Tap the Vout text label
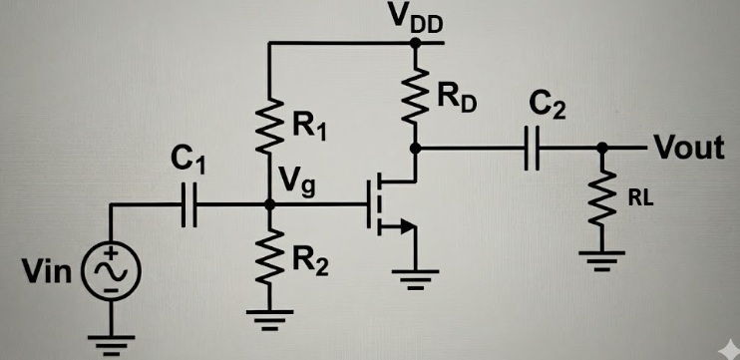pyautogui.click(x=687, y=149)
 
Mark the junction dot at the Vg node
pyautogui.click(x=269, y=204)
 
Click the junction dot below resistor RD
pyautogui.click(x=414, y=149)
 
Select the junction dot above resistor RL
pyautogui.click(x=601, y=149)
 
